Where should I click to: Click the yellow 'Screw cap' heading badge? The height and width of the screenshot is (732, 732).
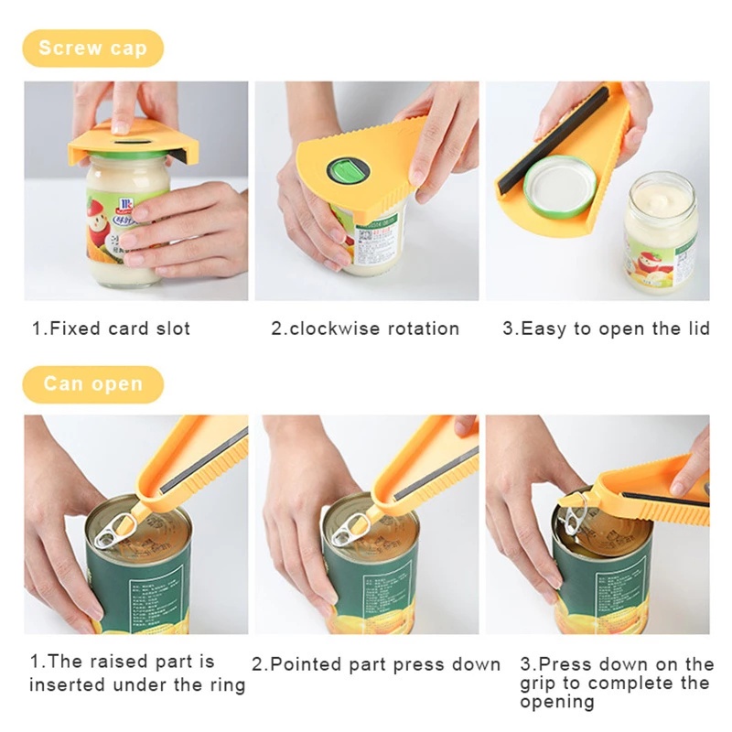pyautogui.click(x=93, y=48)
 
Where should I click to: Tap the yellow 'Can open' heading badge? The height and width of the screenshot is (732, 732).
pyautogui.click(x=93, y=383)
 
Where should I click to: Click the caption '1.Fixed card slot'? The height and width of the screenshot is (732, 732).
pyautogui.click(x=111, y=328)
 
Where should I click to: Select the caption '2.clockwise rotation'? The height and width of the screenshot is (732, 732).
pyautogui.click(x=365, y=328)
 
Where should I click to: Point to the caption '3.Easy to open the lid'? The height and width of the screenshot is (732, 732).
pyautogui.click(x=606, y=328)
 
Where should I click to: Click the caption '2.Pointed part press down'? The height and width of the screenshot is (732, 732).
pyautogui.click(x=376, y=664)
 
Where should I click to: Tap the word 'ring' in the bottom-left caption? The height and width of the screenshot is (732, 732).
pyautogui.click(x=226, y=684)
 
